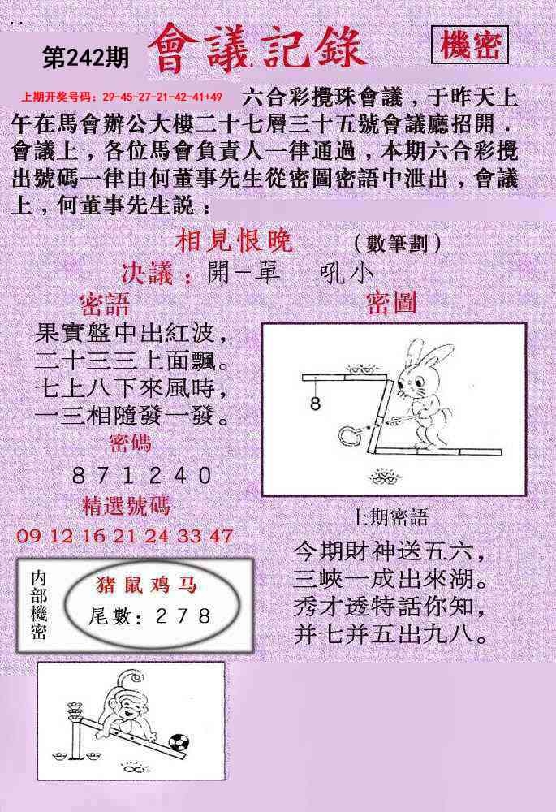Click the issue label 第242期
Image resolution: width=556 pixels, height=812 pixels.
click(85, 58)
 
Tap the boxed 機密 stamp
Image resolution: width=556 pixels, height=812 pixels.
click(470, 45)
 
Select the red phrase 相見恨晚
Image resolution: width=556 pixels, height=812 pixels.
click(234, 241)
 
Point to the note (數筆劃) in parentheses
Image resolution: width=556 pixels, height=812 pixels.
click(398, 242)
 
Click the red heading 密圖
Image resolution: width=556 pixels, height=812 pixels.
click(391, 302)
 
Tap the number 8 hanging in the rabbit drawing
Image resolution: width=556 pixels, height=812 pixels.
click(315, 403)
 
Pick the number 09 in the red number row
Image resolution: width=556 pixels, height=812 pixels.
click(28, 535)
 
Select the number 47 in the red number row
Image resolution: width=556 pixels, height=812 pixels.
click(222, 535)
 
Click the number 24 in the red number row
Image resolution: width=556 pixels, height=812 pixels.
click(157, 535)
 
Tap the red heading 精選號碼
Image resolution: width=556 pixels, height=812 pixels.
click(126, 505)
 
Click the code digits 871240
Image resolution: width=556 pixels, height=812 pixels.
click(142, 475)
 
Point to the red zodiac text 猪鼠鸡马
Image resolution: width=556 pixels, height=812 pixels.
click(147, 585)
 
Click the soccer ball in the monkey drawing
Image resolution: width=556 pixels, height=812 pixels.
click(179, 743)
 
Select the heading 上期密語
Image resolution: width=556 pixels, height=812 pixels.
click(390, 517)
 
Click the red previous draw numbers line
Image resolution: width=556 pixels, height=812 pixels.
click(122, 97)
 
